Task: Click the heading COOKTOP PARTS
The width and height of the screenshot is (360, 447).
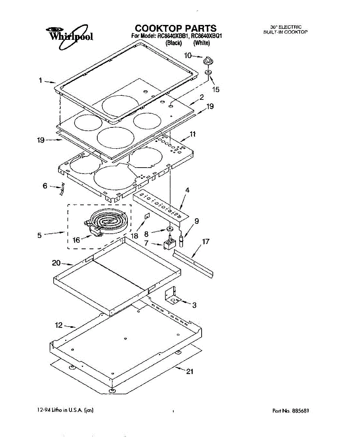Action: [175, 28]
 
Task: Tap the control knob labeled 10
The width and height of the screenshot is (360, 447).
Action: [208, 60]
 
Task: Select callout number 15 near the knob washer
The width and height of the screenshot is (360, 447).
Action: [215, 89]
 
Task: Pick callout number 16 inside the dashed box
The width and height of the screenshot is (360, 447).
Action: [76, 240]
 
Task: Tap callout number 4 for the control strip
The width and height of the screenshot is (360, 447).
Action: [187, 190]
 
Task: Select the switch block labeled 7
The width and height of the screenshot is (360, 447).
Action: [170, 244]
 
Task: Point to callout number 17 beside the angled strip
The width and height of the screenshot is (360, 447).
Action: [206, 241]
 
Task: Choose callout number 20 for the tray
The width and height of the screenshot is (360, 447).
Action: [56, 263]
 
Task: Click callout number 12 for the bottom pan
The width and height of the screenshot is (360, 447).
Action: [59, 325]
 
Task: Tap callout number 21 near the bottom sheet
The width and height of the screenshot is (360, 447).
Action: [190, 371]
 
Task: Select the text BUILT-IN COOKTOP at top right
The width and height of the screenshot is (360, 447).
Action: [285, 32]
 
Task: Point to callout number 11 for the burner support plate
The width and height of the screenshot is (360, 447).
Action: [192, 134]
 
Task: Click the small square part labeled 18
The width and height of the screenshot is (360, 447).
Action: [147, 216]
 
